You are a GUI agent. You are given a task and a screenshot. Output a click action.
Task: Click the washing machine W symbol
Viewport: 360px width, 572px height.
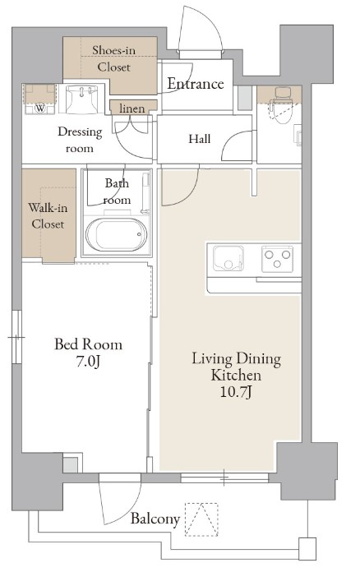(40, 108)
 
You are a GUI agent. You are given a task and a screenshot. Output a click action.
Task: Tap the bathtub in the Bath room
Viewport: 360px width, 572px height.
(117, 234)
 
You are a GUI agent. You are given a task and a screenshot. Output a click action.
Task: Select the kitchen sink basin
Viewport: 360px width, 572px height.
(228, 258)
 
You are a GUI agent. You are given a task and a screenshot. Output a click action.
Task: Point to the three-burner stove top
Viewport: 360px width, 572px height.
(278, 258)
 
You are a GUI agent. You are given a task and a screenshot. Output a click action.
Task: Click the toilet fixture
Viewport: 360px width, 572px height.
(284, 105)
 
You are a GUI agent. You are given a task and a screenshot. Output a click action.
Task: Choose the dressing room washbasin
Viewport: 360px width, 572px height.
(81, 99)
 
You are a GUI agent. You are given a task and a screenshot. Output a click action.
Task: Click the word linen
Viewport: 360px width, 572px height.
(132, 108)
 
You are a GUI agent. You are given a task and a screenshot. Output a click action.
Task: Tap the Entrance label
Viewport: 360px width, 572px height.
(196, 84)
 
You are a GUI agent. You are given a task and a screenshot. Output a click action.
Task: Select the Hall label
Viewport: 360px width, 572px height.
(200, 139)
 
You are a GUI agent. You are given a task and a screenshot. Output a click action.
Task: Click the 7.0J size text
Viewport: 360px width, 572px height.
(88, 362)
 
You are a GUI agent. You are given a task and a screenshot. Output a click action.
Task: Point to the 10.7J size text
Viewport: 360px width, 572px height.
(236, 392)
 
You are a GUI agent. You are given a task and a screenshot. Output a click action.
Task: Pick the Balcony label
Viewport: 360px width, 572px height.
(155, 519)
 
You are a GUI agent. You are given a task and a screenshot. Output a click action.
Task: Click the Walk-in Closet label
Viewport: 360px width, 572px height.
(48, 215)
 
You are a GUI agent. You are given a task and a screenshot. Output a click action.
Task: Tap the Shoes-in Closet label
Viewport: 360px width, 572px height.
(113, 58)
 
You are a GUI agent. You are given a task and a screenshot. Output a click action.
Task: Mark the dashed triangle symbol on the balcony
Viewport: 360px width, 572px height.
(201, 519)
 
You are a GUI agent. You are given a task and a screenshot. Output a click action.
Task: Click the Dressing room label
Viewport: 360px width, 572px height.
(80, 140)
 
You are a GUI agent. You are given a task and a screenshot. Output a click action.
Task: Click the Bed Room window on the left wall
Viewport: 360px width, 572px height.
(16, 337)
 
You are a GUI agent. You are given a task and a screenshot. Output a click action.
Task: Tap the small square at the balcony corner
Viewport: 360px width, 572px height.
(307, 549)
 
